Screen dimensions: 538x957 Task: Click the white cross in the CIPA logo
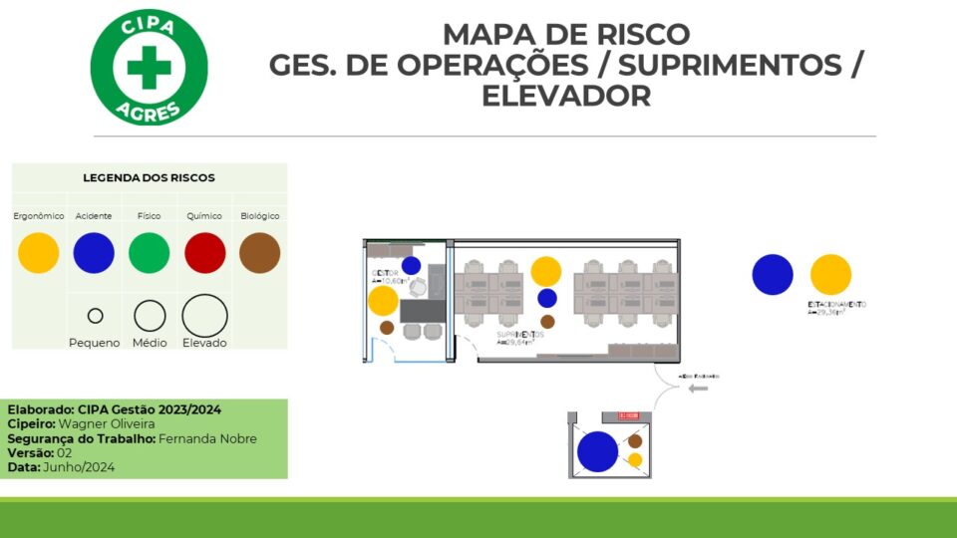tap(149, 67)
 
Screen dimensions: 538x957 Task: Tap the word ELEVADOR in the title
tap(566, 96)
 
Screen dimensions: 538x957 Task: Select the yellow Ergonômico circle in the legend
tap(39, 253)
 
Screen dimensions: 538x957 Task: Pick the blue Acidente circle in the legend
tap(94, 253)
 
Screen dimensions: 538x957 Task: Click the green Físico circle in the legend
tap(150, 253)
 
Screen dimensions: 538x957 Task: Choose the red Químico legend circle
tap(205, 253)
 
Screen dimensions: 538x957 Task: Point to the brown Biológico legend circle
tap(260, 253)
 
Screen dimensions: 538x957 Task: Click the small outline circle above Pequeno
tap(95, 316)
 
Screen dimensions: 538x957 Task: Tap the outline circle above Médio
tap(150, 316)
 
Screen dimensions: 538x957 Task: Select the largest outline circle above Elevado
tap(204, 315)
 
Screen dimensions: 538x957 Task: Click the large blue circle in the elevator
tap(598, 451)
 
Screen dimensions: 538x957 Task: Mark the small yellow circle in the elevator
tap(635, 460)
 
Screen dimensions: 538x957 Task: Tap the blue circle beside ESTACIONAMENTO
tap(773, 275)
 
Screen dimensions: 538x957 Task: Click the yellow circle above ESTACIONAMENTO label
tap(830, 275)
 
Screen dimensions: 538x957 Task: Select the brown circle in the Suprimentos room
tap(547, 322)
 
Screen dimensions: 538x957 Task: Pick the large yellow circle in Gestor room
tap(383, 301)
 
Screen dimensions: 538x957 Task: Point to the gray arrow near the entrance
tap(698, 388)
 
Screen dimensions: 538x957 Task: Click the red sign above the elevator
tap(628, 415)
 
